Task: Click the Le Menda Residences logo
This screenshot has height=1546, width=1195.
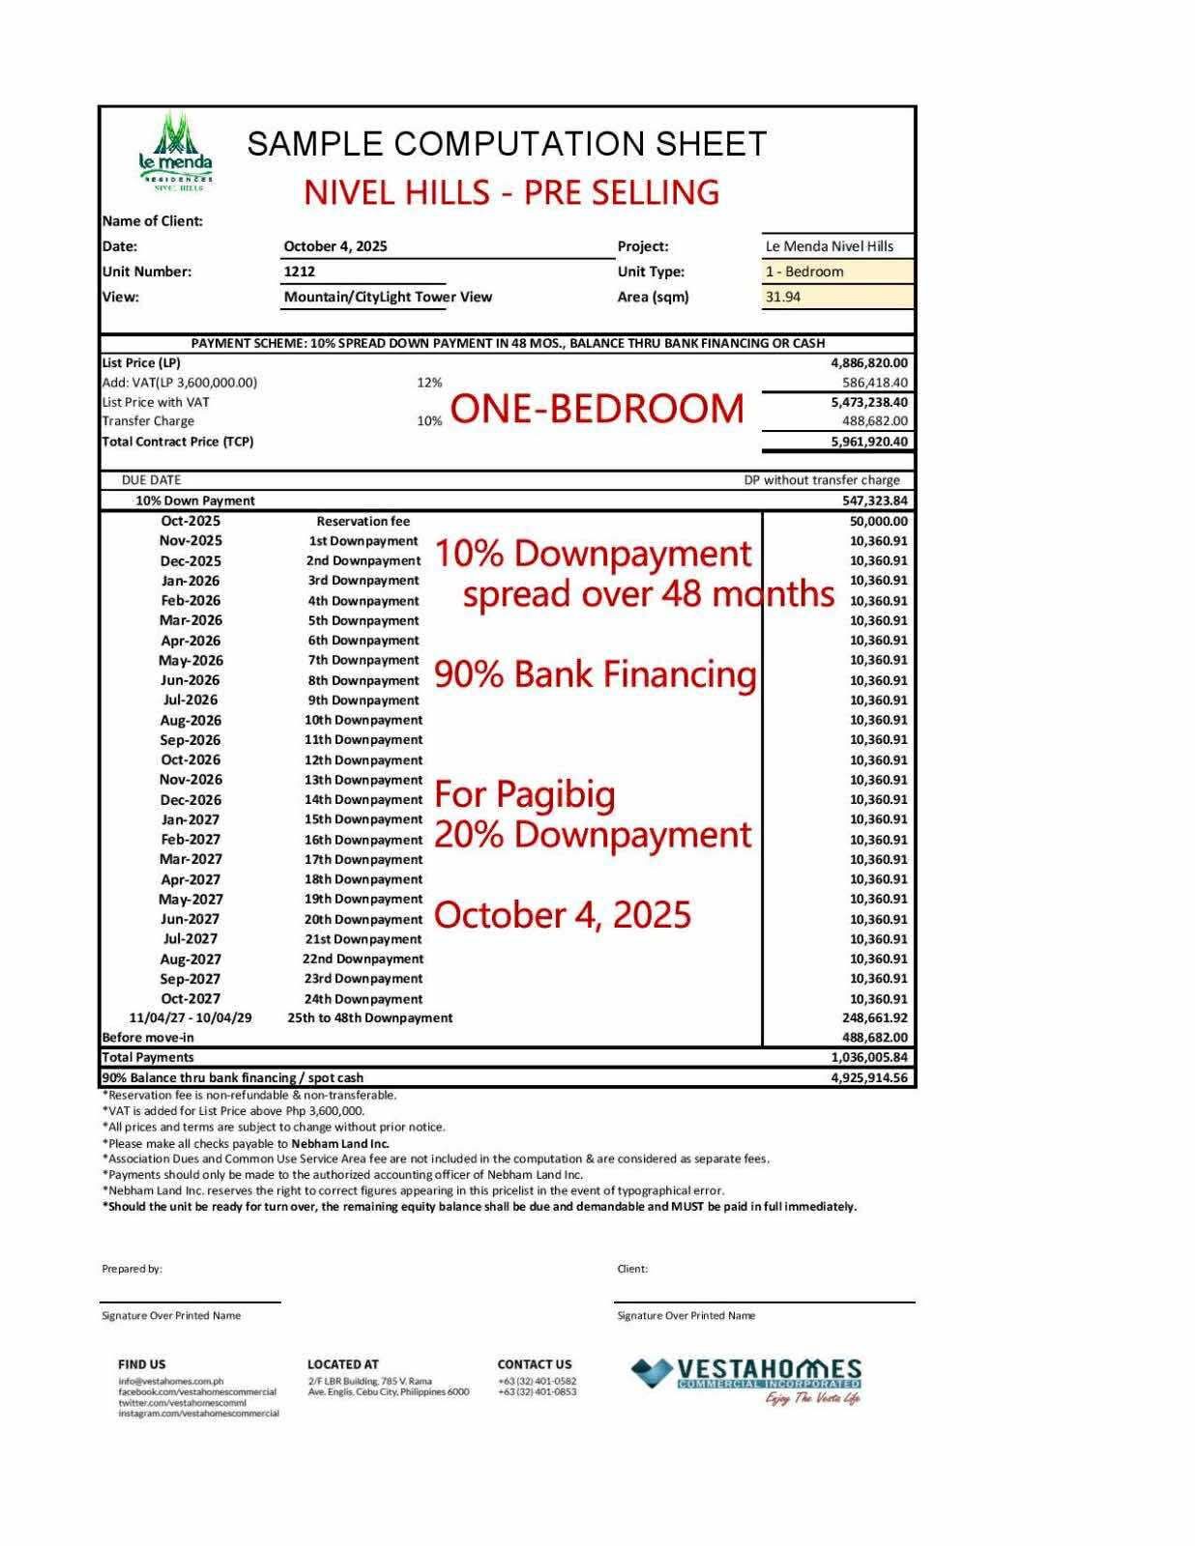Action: pyautogui.click(x=174, y=152)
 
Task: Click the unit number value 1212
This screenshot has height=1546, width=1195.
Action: pyautogui.click(x=300, y=272)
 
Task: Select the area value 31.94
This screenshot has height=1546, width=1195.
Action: pyautogui.click(x=783, y=298)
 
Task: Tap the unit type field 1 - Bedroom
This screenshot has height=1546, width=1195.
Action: pyautogui.click(x=804, y=272)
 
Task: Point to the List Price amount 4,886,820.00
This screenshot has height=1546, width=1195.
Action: pyautogui.click(x=869, y=363)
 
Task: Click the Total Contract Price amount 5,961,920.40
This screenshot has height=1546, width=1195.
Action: pyautogui.click(x=869, y=442)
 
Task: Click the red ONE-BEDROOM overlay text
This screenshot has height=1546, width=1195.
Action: pyautogui.click(x=597, y=410)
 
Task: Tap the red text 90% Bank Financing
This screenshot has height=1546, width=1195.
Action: pyautogui.click(x=596, y=674)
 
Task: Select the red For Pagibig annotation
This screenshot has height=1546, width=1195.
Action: pyautogui.click(x=525, y=794)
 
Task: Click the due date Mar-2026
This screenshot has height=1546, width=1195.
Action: pyautogui.click(x=190, y=620)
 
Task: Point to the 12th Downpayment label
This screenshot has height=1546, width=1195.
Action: pyautogui.click(x=364, y=760)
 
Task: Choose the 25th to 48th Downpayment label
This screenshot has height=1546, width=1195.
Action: pyautogui.click(x=369, y=1018)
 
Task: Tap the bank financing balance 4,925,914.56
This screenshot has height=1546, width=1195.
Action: pyautogui.click(x=869, y=1078)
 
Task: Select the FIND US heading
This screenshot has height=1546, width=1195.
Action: pyautogui.click(x=141, y=1364)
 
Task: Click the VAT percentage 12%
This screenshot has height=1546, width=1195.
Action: pyautogui.click(x=429, y=383)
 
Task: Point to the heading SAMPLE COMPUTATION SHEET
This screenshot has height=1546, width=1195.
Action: pyautogui.click(x=507, y=144)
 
